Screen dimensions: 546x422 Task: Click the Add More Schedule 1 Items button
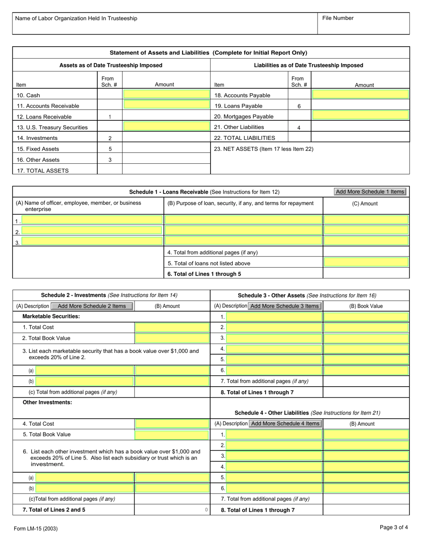click(x=370, y=192)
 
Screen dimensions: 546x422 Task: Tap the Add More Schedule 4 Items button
click(x=285, y=423)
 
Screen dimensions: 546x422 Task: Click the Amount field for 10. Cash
click(x=166, y=95)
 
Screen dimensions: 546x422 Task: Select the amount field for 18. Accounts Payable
click(x=360, y=95)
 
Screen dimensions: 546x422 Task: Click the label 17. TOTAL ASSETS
click(x=43, y=170)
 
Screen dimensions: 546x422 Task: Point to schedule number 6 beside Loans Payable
click(x=299, y=106)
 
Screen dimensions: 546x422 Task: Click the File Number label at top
click(x=338, y=18)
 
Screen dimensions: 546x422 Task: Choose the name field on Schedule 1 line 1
click(x=92, y=220)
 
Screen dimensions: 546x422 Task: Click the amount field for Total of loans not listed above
click(x=366, y=263)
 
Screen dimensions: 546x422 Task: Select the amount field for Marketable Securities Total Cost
click(x=172, y=327)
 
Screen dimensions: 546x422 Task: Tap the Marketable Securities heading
click(x=51, y=317)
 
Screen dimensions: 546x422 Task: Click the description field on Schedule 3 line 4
click(x=274, y=349)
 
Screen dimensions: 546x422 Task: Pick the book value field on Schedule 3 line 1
click(x=366, y=317)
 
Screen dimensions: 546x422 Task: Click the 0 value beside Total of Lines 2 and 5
click(x=206, y=510)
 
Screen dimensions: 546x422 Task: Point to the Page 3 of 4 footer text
click(x=394, y=527)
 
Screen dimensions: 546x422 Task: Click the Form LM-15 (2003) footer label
click(x=36, y=528)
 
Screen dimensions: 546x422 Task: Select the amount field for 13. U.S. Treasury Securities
click(x=166, y=127)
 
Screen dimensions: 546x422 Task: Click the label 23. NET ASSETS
click(x=263, y=149)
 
